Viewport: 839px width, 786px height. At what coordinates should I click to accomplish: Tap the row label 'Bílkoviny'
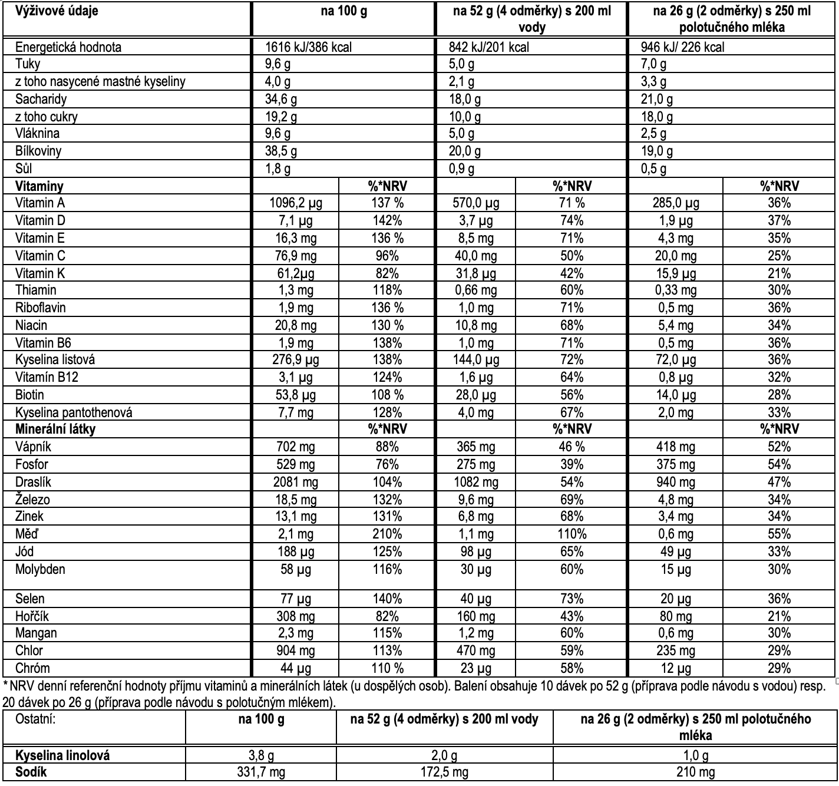click(x=38, y=151)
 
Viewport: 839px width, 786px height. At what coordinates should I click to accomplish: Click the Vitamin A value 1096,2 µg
click(x=296, y=203)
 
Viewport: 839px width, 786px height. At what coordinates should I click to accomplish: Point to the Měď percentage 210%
click(x=387, y=534)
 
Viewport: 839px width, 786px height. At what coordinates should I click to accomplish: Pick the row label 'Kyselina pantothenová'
click(x=74, y=412)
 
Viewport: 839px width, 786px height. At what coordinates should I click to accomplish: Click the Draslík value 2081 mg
click(x=296, y=482)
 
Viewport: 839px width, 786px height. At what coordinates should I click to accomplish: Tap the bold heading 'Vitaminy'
click(x=39, y=186)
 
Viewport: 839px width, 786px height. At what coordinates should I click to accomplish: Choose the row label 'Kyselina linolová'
click(x=62, y=755)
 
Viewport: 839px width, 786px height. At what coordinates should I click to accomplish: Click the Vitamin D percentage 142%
click(x=387, y=221)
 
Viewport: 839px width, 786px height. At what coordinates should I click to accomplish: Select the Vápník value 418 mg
click(x=676, y=447)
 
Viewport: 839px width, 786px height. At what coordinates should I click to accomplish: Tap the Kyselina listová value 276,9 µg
click(x=296, y=360)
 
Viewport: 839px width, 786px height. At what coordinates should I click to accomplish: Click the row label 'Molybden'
click(x=40, y=569)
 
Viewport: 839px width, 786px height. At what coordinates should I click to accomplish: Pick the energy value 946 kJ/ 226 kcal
click(x=683, y=47)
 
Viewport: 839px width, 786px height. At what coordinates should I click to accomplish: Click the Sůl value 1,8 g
click(x=278, y=169)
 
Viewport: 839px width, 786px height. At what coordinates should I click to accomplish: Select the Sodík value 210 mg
click(x=696, y=772)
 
